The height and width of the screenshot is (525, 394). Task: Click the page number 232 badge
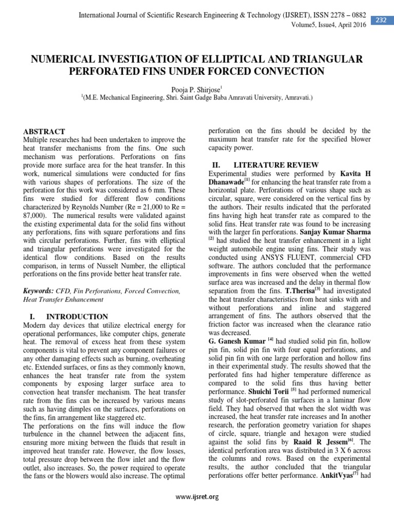click(x=382, y=20)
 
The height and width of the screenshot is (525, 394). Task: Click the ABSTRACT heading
click(x=45, y=132)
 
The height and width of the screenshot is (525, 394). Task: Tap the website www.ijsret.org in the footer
click(x=197, y=496)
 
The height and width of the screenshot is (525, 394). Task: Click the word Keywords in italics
click(x=40, y=291)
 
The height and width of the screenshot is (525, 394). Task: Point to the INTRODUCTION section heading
click(x=77, y=317)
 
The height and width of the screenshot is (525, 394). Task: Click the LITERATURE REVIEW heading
click(x=276, y=165)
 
